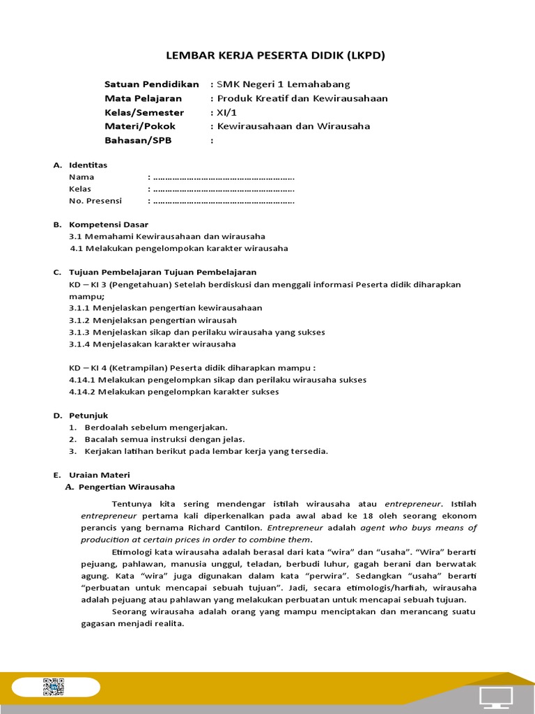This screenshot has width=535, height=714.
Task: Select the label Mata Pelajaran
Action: (x=143, y=98)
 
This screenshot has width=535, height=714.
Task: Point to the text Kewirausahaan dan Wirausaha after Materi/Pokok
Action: (x=293, y=126)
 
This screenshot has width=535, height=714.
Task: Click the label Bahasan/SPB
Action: (x=137, y=140)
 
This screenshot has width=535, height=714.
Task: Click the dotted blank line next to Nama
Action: (x=223, y=177)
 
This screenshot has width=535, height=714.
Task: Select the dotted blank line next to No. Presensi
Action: (x=223, y=201)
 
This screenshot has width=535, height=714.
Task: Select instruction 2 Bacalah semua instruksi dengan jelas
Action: (x=164, y=439)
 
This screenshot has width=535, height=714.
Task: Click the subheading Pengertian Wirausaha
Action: (x=126, y=487)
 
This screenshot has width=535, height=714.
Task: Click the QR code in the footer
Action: (x=54, y=688)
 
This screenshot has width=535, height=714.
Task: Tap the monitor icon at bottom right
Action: (x=496, y=696)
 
